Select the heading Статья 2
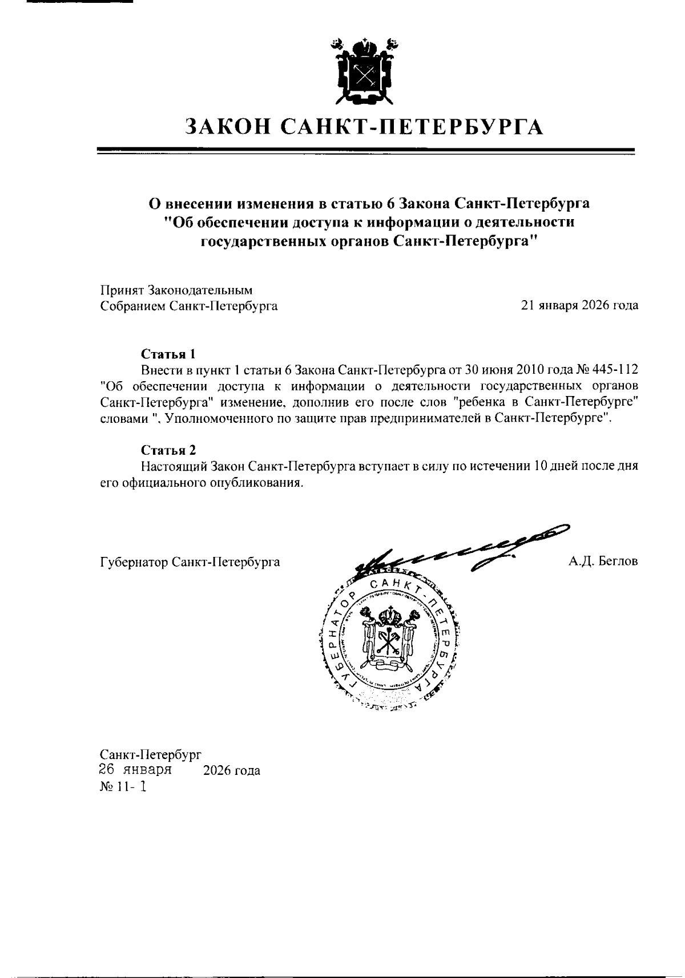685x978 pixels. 168,450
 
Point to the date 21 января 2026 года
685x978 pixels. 579,306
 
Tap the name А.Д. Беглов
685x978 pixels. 603,561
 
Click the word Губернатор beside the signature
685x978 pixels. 133,562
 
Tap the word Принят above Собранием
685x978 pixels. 122,290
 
